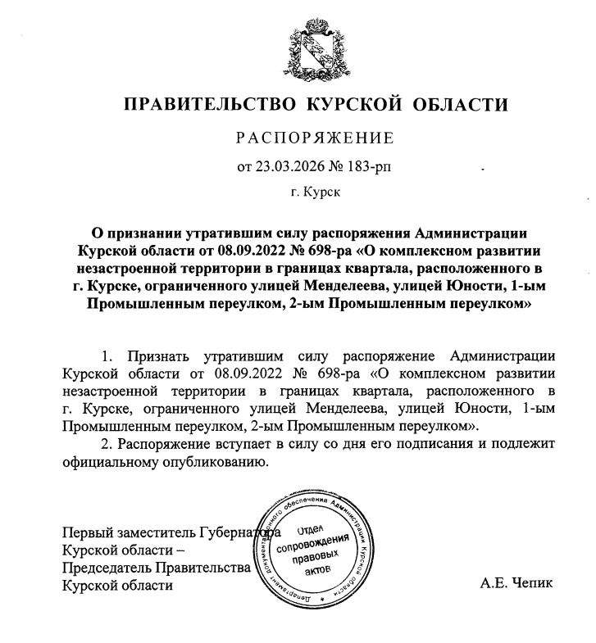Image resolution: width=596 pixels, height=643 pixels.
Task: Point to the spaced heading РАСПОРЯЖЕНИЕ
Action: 315,137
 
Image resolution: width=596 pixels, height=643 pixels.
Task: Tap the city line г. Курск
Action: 314,195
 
